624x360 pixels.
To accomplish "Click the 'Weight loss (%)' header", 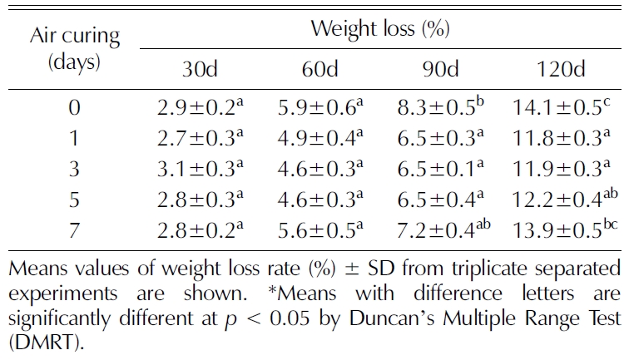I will click(x=380, y=29).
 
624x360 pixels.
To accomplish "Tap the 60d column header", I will click(x=319, y=71).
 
